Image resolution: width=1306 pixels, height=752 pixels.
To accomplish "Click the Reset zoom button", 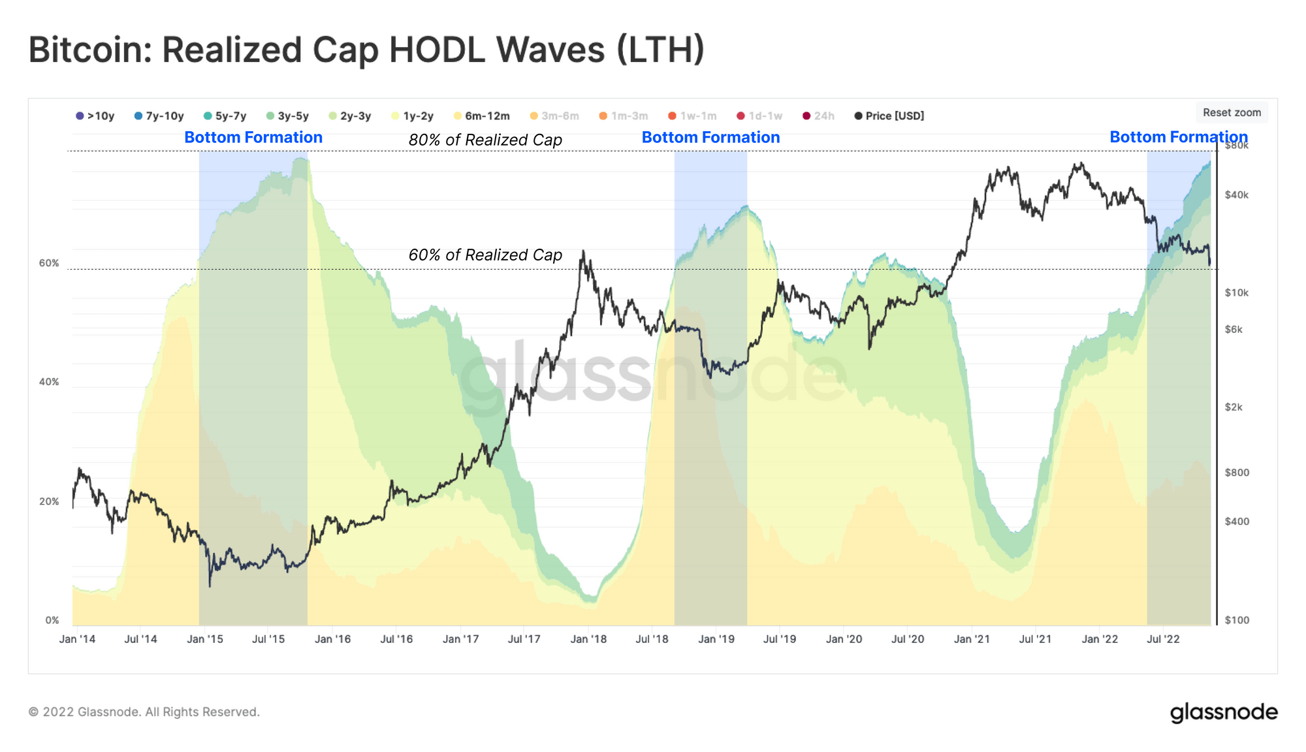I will (1232, 112).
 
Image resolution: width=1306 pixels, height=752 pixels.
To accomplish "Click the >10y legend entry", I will (95, 116).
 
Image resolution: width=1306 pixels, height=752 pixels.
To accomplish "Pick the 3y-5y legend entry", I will (287, 116).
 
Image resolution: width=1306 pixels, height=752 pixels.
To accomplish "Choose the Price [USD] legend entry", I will (889, 116).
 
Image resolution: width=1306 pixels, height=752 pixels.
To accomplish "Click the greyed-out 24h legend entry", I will (819, 116).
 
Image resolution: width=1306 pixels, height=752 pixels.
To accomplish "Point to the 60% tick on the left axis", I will (49, 263).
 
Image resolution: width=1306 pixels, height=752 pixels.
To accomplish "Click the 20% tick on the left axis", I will (49, 501).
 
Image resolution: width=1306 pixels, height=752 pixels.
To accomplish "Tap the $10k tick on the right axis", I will (1236, 292).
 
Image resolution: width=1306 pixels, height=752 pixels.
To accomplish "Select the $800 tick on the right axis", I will (1236, 472).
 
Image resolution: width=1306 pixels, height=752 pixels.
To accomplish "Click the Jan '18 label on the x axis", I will (588, 638).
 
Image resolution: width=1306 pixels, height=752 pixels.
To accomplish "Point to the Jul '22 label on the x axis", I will (1163, 638).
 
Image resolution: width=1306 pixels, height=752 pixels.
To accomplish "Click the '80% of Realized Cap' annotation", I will (485, 140).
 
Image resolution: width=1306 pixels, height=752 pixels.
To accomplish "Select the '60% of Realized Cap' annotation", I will (485, 255).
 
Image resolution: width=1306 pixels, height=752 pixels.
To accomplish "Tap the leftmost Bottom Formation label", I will (253, 137).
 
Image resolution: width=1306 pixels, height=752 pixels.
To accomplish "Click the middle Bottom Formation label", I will (710, 137).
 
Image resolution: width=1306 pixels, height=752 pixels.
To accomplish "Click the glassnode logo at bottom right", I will (1223, 712).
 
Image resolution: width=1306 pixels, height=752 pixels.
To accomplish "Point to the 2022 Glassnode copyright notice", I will (144, 712).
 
